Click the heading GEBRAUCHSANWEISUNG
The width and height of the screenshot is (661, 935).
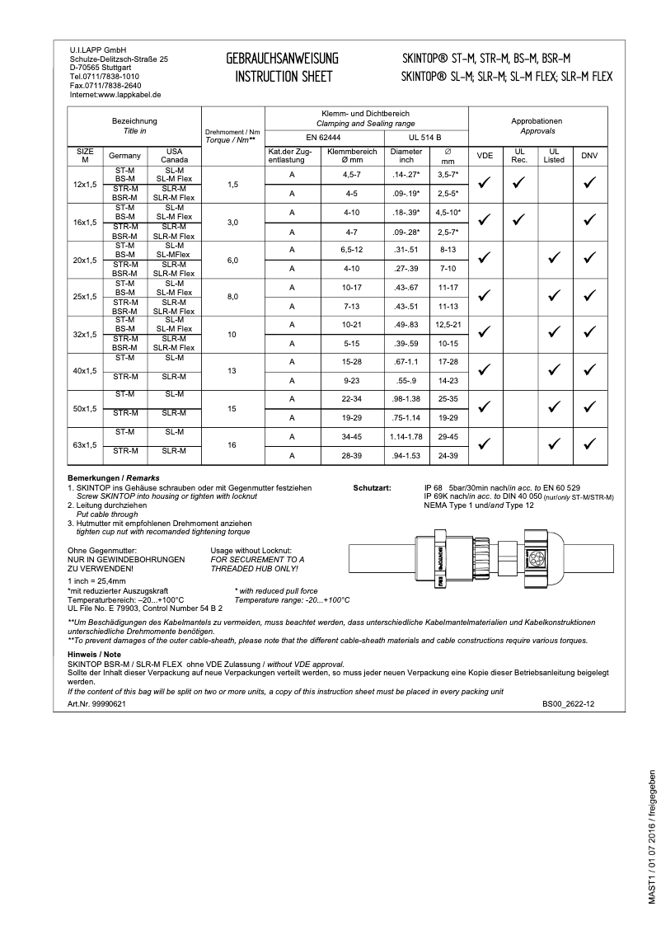[283, 58]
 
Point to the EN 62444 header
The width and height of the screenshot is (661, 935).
[322, 137]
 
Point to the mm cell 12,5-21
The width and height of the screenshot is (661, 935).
[448, 324]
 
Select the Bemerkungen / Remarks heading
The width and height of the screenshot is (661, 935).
[113, 478]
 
